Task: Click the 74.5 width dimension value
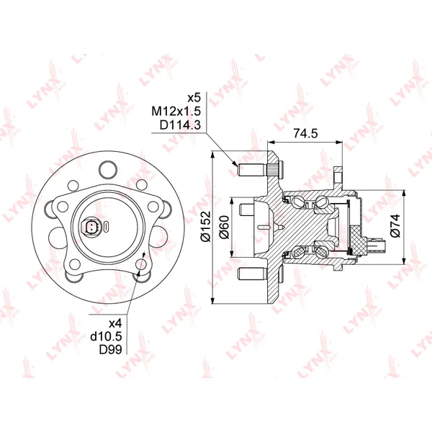pos(305,133)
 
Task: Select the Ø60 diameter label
pos(224,228)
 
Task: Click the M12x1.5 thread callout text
pos(176,112)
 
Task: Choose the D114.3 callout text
pos(181,125)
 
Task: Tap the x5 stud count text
pos(194,98)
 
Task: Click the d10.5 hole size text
pos(107,336)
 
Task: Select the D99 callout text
pos(110,349)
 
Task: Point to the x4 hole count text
pos(115,323)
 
